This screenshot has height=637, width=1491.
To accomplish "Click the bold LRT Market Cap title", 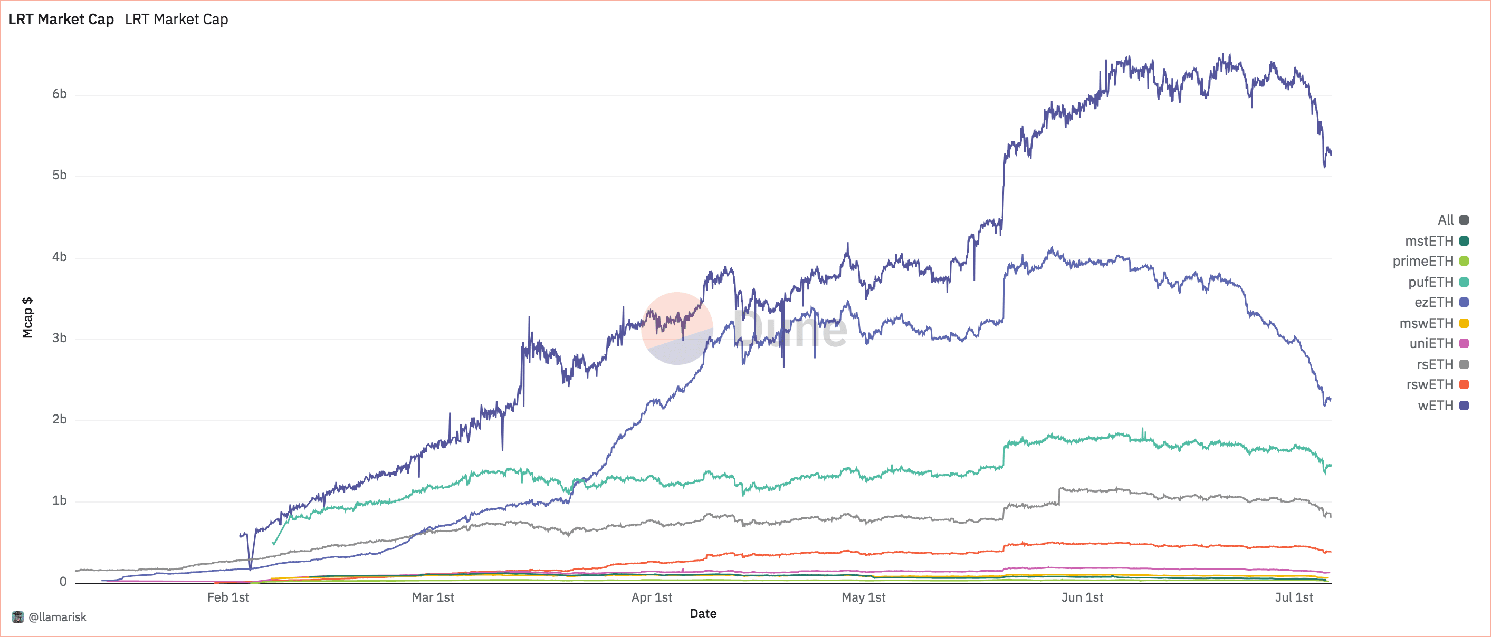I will tap(61, 20).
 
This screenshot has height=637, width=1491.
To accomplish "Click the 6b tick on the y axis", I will tap(59, 94).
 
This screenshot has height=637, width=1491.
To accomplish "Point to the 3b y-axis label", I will tap(59, 338).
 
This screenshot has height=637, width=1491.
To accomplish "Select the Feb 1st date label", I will tap(228, 597).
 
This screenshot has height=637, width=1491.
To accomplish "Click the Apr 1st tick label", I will tap(651, 597).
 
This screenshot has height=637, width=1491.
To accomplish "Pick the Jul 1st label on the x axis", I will tap(1294, 597).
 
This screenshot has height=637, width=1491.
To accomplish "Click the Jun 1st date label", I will tap(1082, 597).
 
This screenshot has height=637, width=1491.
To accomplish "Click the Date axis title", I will tap(703, 613).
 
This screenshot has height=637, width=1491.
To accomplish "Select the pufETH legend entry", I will tap(1430, 282).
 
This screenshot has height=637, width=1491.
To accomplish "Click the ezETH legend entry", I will tap(1433, 302).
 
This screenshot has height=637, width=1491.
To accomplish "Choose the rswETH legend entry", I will tap(1430, 384).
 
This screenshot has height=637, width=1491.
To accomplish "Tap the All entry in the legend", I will tap(1445, 220).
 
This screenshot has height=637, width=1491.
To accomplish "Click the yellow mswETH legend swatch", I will tap(1464, 323).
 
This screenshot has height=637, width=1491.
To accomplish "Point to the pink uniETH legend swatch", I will tap(1464, 343).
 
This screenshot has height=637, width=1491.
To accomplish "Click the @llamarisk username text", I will tap(58, 617).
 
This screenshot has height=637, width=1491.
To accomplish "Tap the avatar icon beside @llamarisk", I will tap(18, 617).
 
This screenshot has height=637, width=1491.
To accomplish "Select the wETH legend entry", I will tap(1436, 405).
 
